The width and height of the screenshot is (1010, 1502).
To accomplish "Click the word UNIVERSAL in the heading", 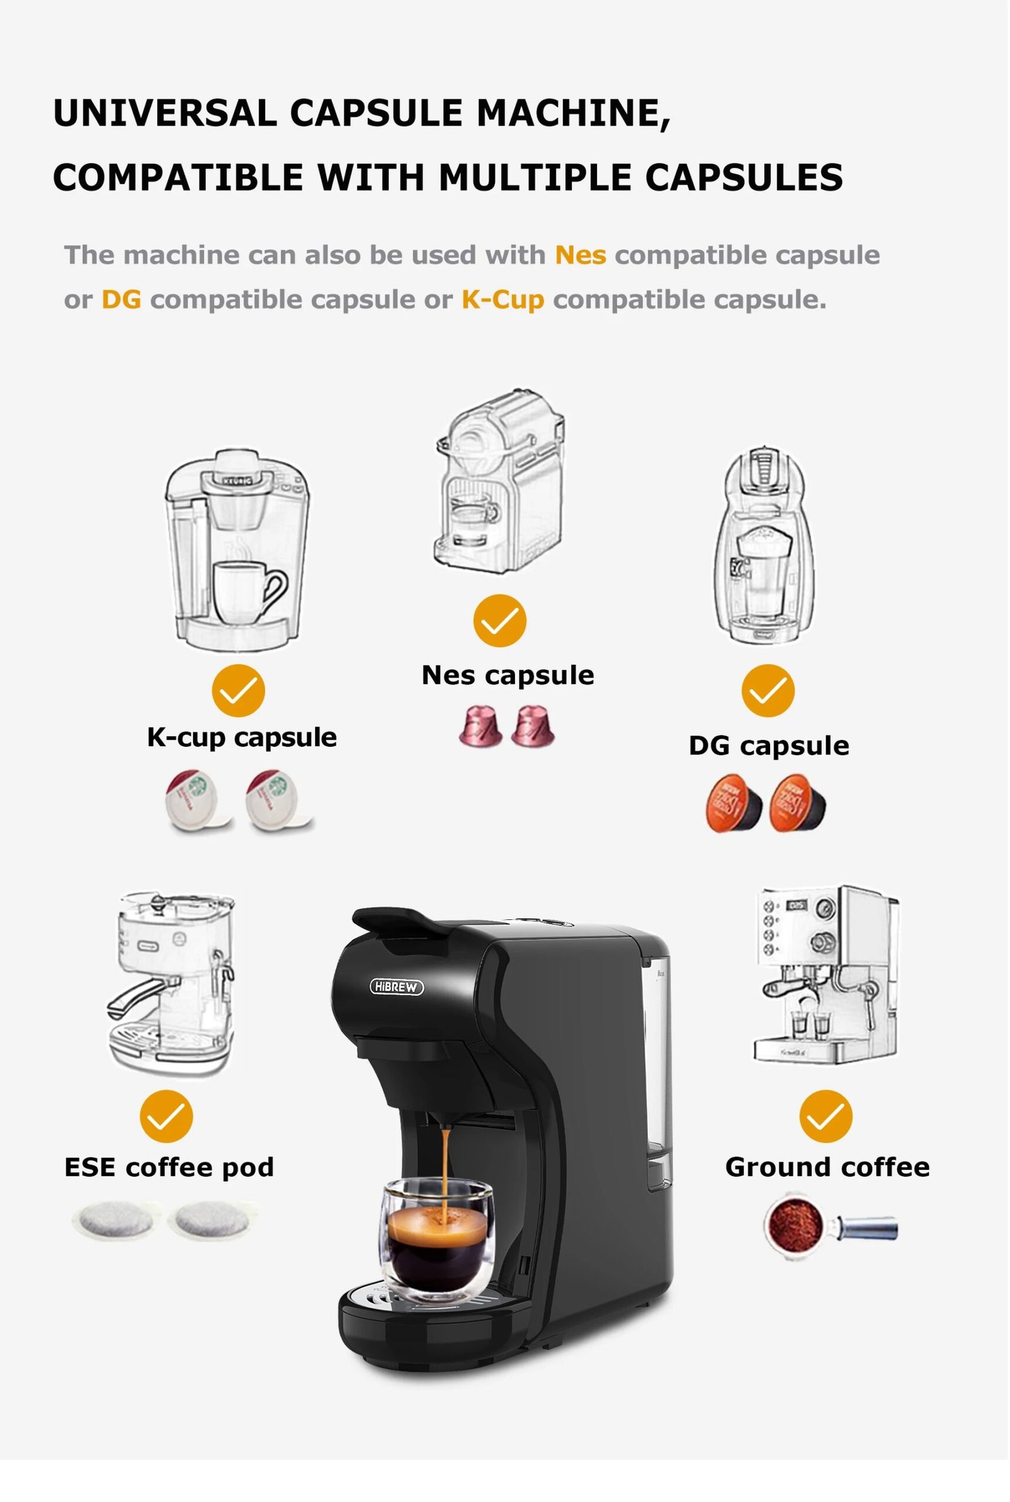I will coord(165,114).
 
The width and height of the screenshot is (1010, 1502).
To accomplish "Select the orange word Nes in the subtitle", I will coord(580,255).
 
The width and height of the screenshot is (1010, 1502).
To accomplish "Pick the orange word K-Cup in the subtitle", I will coord(502,299).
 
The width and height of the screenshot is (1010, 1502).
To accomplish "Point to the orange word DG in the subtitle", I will coord(121,299).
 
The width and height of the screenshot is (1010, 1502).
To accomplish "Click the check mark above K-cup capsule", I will coord(239,691).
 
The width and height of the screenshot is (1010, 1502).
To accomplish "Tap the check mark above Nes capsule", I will coord(500,620).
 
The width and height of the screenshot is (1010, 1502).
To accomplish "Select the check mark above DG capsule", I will coord(768,691).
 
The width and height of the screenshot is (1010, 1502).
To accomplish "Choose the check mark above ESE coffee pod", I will coord(166,1116).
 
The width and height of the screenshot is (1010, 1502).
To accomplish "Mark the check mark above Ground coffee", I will coord(826,1116).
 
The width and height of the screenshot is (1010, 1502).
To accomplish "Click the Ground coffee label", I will coord(827,1167).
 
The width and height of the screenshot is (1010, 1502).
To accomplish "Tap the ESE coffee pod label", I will coord(169,1167).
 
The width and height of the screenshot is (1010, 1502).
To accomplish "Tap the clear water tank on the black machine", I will coord(656,1063).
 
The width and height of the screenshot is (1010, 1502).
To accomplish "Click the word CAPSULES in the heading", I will coord(744,178).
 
